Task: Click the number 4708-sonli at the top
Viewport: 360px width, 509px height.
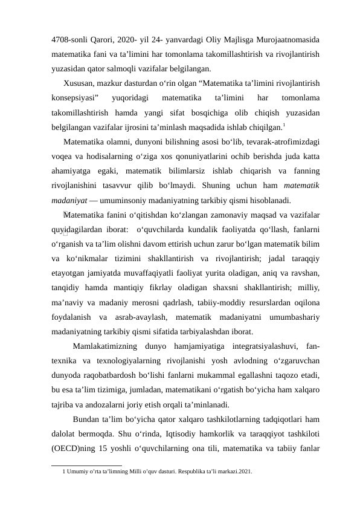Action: [69, 41]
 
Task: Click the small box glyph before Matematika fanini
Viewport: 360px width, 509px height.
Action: [65, 214]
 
